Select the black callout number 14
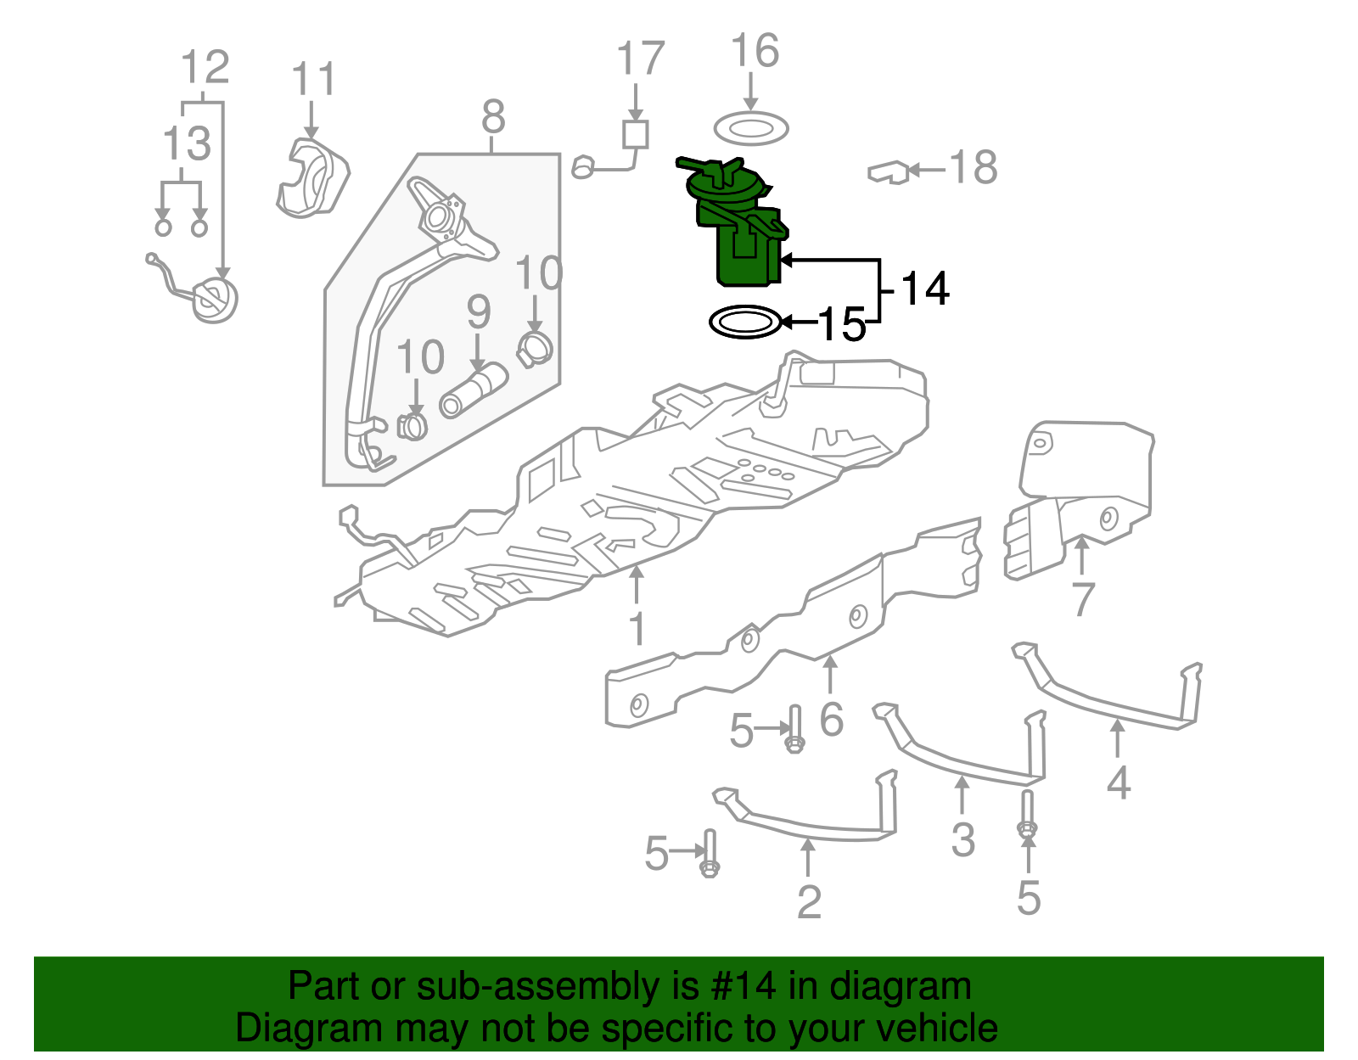point(923,289)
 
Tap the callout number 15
point(840,324)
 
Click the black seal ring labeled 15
point(744,322)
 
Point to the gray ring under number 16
point(751,129)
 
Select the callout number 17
point(639,59)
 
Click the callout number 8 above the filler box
point(493,116)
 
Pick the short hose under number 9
point(473,390)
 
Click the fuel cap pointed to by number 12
point(214,299)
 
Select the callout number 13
point(186,143)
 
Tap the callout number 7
point(1082,600)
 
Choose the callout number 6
point(831,720)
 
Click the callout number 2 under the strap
point(808,901)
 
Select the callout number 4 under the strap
point(1118,782)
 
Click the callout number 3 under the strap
point(962,839)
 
